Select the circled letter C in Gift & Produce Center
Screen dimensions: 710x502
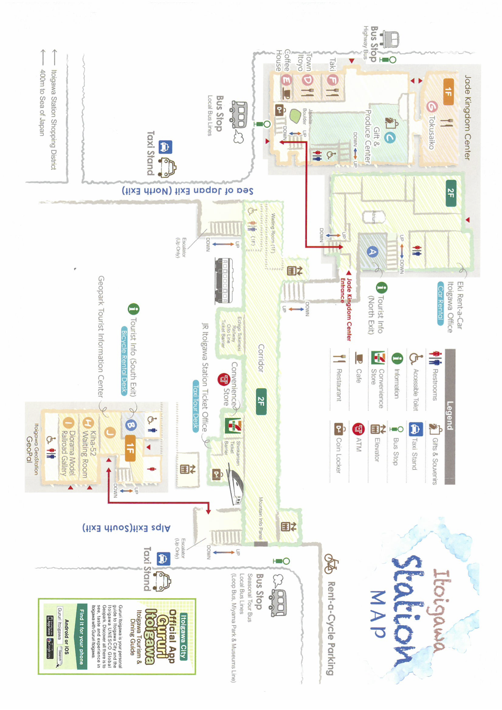[390, 138]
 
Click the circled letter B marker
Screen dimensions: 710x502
[131, 425]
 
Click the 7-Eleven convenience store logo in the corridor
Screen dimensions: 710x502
[233, 426]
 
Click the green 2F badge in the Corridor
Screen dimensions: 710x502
[261, 401]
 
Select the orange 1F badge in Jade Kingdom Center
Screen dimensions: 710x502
[448, 92]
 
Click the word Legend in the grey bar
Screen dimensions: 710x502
[450, 415]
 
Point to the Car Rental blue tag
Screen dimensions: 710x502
[440, 304]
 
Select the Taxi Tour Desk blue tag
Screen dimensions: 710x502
[196, 406]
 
